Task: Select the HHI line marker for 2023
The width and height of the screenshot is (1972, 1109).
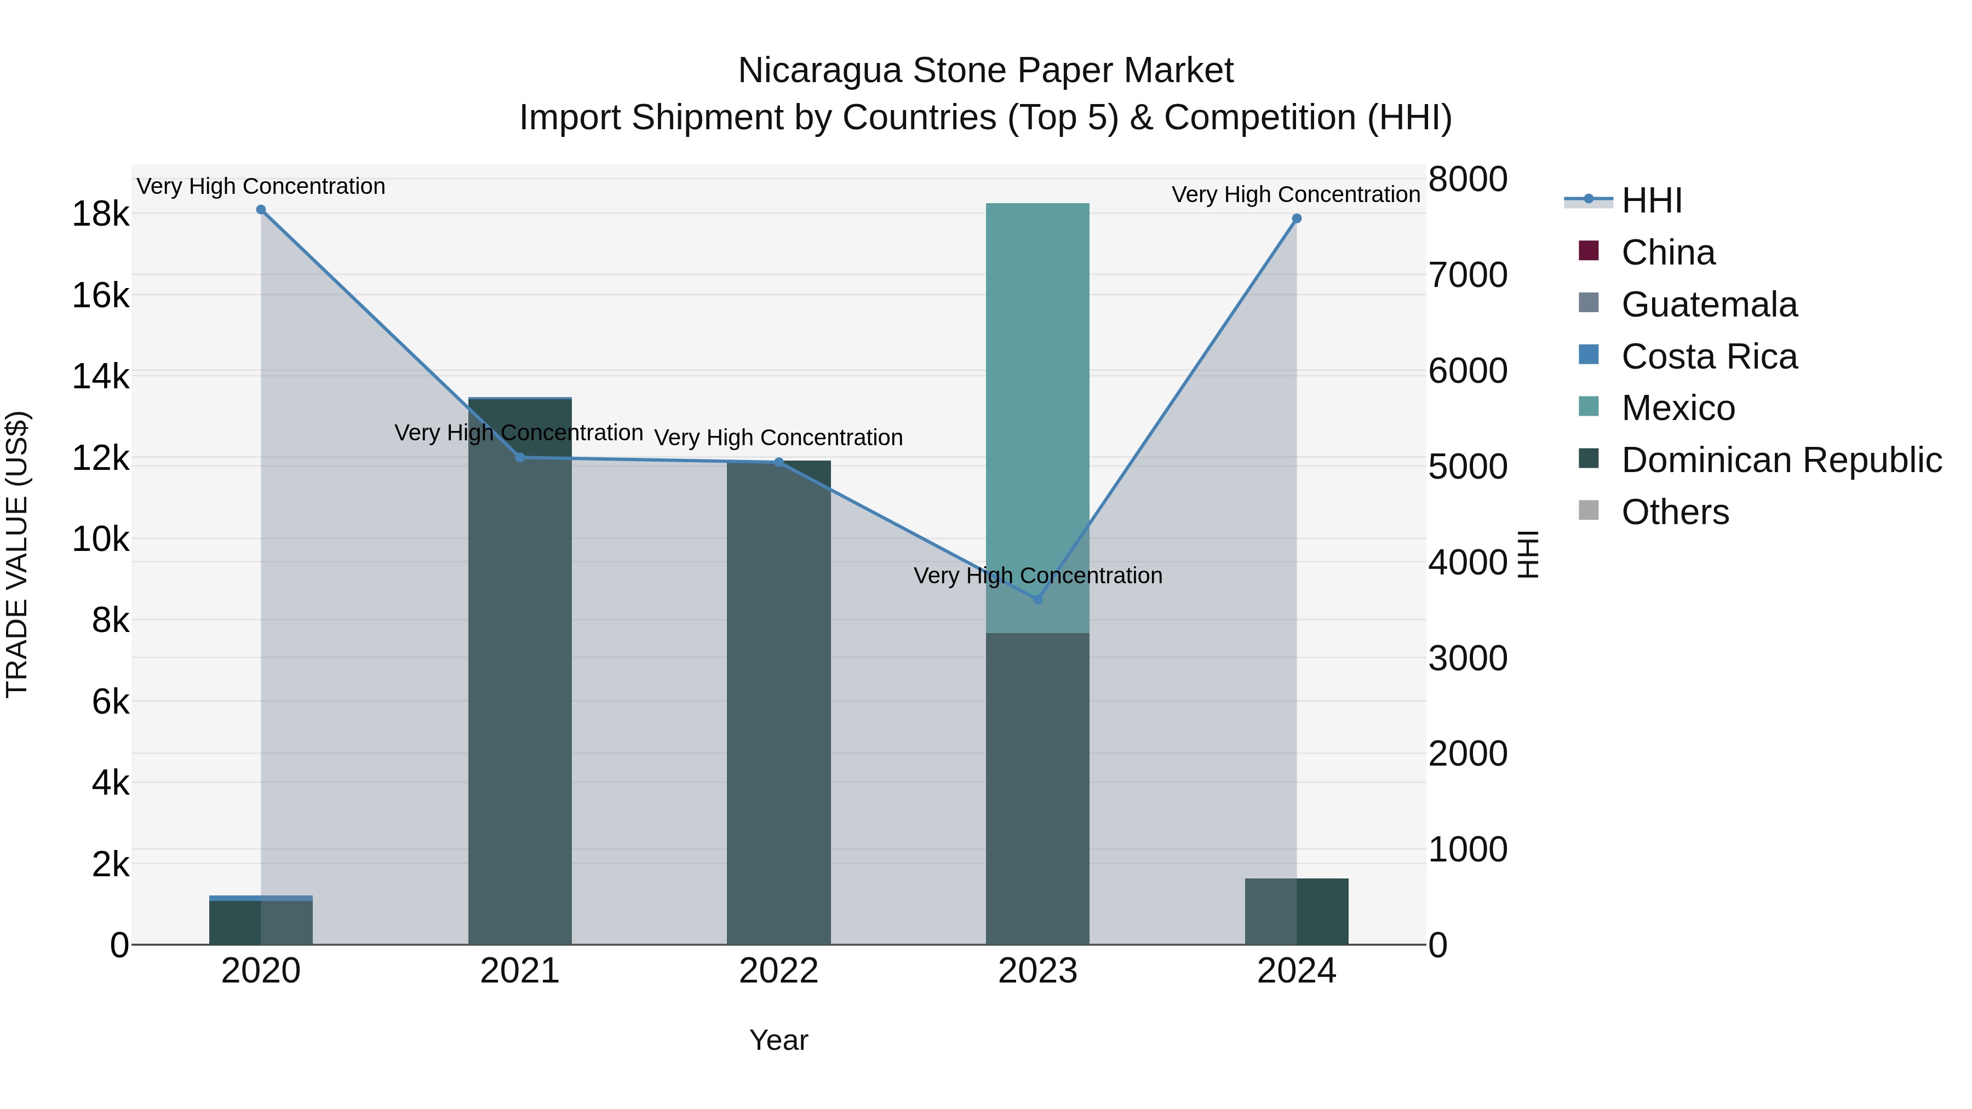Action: point(1037,599)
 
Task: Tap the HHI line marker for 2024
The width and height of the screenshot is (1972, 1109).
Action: point(1296,219)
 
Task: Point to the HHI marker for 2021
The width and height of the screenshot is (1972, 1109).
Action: point(520,458)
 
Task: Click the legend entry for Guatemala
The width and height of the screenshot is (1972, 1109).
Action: point(1709,304)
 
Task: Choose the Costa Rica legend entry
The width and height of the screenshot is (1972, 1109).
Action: point(1709,357)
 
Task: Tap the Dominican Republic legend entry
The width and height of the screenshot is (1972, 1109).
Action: point(1781,460)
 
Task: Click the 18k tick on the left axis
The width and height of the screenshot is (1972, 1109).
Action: point(100,214)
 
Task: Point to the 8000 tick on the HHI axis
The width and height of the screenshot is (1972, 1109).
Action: point(1467,180)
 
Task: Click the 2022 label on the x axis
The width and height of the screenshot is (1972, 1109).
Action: point(778,971)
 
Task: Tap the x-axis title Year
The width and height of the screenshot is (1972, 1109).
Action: point(778,1040)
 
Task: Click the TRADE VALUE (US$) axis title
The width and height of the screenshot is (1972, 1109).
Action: point(17,554)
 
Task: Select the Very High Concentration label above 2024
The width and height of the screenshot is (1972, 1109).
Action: point(1295,194)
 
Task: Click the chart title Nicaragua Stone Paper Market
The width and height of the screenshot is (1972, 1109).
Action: point(985,71)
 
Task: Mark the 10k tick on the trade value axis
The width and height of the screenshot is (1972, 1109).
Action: point(100,539)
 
